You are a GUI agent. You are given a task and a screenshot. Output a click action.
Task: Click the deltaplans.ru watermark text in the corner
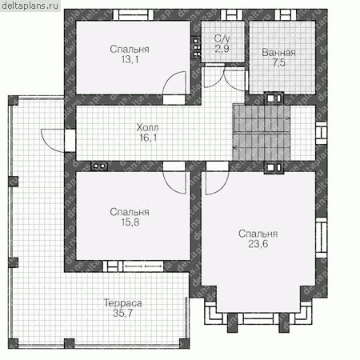coord(30,6)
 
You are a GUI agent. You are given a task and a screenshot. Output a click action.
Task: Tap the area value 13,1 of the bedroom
coord(130,59)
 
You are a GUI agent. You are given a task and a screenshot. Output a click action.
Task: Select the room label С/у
coord(222,39)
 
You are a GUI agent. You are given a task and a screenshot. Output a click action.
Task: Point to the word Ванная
coord(278,53)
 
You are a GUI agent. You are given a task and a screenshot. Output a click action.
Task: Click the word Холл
coord(147,127)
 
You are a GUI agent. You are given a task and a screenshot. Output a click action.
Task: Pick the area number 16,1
coord(148,138)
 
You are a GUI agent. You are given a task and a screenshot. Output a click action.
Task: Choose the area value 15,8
coord(130,222)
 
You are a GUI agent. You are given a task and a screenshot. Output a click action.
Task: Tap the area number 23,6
coord(258,244)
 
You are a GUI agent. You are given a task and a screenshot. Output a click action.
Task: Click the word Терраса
coord(122,303)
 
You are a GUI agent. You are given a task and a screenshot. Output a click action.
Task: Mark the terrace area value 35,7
coord(122,313)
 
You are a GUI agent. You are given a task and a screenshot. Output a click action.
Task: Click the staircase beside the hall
coord(262,133)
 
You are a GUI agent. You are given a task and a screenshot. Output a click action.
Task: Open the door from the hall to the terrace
coord(52,140)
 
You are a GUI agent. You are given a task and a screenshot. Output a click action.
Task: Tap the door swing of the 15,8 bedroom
coord(174,182)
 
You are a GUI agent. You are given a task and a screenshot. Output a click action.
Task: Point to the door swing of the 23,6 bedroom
coord(217,183)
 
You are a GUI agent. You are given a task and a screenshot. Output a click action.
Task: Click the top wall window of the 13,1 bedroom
coord(133,15)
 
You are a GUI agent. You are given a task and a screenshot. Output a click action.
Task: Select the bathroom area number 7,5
coord(279,62)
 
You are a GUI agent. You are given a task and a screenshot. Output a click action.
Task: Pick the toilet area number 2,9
coord(222,49)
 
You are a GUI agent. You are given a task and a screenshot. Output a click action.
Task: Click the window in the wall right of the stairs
coord(322,133)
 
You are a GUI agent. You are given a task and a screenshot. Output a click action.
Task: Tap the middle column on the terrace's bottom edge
coord(70,344)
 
